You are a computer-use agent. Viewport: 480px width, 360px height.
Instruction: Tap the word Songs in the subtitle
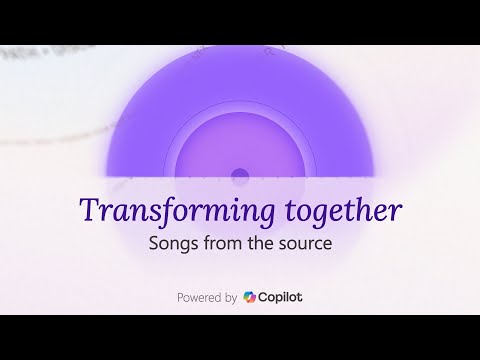tap(171, 244)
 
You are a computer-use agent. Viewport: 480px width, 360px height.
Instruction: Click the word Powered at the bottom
tap(200, 297)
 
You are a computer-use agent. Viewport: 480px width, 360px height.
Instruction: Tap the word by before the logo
tap(232, 298)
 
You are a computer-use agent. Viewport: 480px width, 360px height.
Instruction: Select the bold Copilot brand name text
tap(281, 297)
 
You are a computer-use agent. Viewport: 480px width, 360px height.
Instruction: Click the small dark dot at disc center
tap(240, 177)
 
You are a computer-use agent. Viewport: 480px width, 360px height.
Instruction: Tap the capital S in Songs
tap(152, 244)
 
